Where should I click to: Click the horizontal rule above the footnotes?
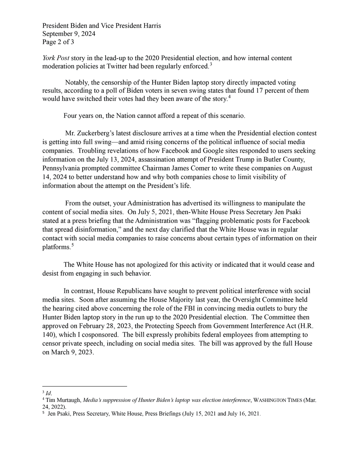coord(85,386)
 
